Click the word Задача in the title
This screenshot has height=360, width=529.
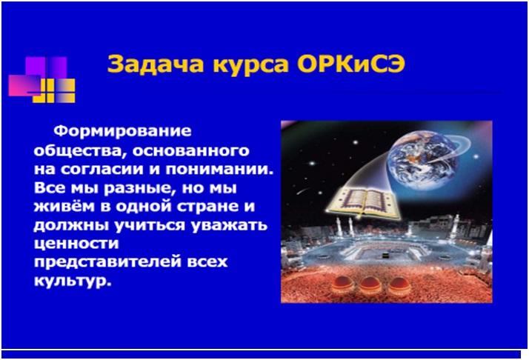click(x=156, y=64)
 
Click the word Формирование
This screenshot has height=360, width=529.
click(x=122, y=131)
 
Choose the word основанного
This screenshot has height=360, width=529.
click(x=190, y=151)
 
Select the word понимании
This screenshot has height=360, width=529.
click(x=219, y=170)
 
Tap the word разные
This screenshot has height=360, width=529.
click(x=140, y=188)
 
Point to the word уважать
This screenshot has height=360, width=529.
click(x=229, y=225)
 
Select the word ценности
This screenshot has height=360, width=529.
click(x=76, y=244)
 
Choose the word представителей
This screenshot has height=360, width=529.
click(x=107, y=262)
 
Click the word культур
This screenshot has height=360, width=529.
click(x=73, y=281)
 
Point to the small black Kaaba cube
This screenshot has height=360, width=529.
click(x=385, y=256)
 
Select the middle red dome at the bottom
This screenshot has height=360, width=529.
click(x=370, y=285)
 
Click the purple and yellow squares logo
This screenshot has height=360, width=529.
click(x=41, y=79)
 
